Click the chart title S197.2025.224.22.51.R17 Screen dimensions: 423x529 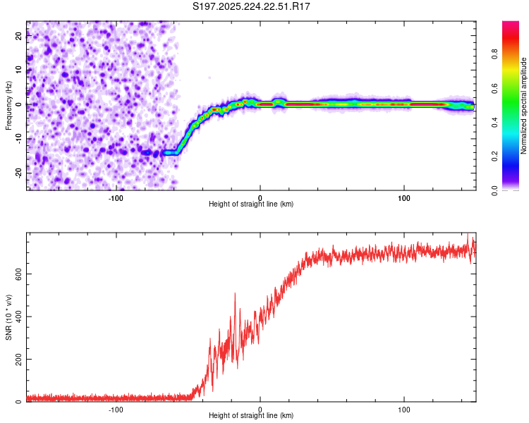252,6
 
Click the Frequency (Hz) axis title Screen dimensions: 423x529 9,106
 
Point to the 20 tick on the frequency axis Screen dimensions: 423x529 19,37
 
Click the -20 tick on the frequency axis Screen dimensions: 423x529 19,172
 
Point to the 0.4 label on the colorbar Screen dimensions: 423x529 495,123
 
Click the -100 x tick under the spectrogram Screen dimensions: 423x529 116,197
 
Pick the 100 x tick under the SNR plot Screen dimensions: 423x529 404,410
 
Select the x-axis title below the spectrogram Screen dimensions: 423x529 251,204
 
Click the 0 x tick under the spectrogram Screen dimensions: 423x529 260,197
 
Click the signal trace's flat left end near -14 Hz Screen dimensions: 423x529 169,152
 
